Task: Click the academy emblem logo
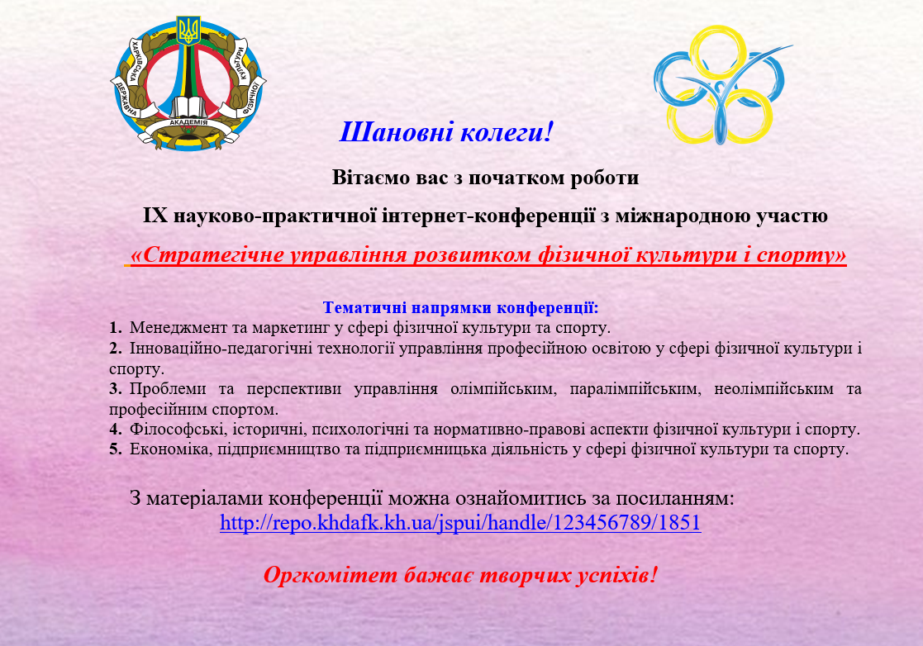[188, 83]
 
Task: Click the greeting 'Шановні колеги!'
[447, 132]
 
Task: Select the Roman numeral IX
[155, 216]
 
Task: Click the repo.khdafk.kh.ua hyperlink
[460, 522]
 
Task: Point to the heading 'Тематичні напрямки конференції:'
[460, 307]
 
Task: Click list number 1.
[116, 328]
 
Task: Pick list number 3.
[116, 389]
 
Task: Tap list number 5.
[116, 449]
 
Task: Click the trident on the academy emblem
[188, 31]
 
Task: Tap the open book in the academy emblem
[188, 107]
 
